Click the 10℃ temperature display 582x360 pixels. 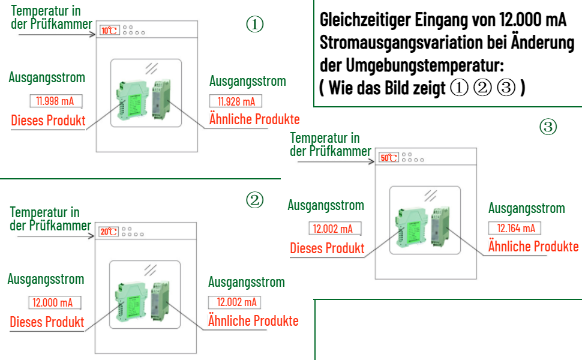pyautogui.click(x=109, y=31)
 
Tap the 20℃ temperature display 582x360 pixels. pyautogui.click(x=109, y=232)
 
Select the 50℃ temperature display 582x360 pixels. pyautogui.click(x=389, y=158)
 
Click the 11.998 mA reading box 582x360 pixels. pyautogui.click(x=56, y=101)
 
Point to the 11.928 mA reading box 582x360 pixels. pyautogui.click(x=236, y=101)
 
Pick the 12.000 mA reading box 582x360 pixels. pyautogui.click(x=55, y=302)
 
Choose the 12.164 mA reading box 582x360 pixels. pyautogui.click(x=514, y=228)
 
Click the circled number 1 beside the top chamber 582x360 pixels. pyautogui.click(x=255, y=24)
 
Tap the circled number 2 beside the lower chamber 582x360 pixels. pyautogui.click(x=255, y=200)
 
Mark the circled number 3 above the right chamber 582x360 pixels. pyautogui.click(x=548, y=127)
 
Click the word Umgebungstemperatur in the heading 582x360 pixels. pyautogui.click(x=425, y=65)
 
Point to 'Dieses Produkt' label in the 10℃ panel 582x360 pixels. pyautogui.click(x=48, y=121)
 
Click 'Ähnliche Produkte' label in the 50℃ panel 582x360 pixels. pyautogui.click(x=533, y=247)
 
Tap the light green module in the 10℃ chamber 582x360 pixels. pyautogui.click(x=132, y=100)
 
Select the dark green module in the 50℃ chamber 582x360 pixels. pyautogui.click(x=440, y=226)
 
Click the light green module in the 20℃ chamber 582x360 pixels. pyautogui.click(x=131, y=302)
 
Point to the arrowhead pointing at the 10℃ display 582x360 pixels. pyautogui.click(x=93, y=35)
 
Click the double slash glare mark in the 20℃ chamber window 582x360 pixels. pyautogui.click(x=151, y=270)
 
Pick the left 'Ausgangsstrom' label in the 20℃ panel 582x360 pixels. pyautogui.click(x=46, y=279)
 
